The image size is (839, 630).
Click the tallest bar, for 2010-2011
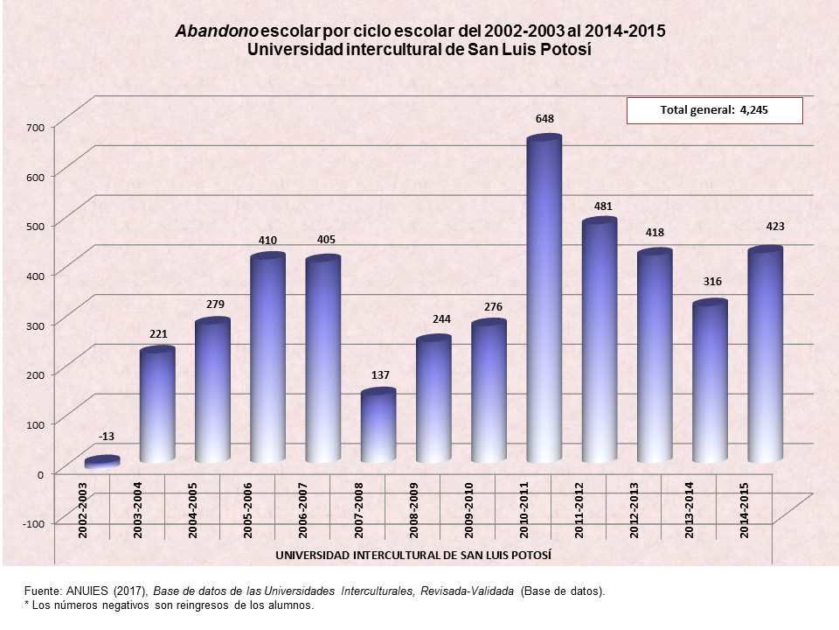point(544,302)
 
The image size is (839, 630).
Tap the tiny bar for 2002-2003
point(102,462)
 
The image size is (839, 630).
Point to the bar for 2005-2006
point(267,359)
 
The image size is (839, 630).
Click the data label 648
point(545,118)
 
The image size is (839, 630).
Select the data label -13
point(107,436)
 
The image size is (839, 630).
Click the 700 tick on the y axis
point(34,128)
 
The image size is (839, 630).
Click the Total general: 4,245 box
point(714,110)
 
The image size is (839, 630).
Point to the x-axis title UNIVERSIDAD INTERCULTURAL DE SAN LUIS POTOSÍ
point(413,556)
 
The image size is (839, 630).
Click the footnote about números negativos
point(168,605)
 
